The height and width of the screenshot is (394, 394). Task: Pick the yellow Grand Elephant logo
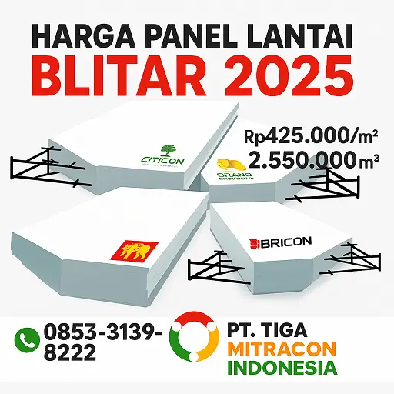coord(229,165)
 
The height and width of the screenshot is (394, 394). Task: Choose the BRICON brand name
coord(280,242)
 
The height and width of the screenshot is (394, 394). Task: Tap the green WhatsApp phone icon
coord(28,338)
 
